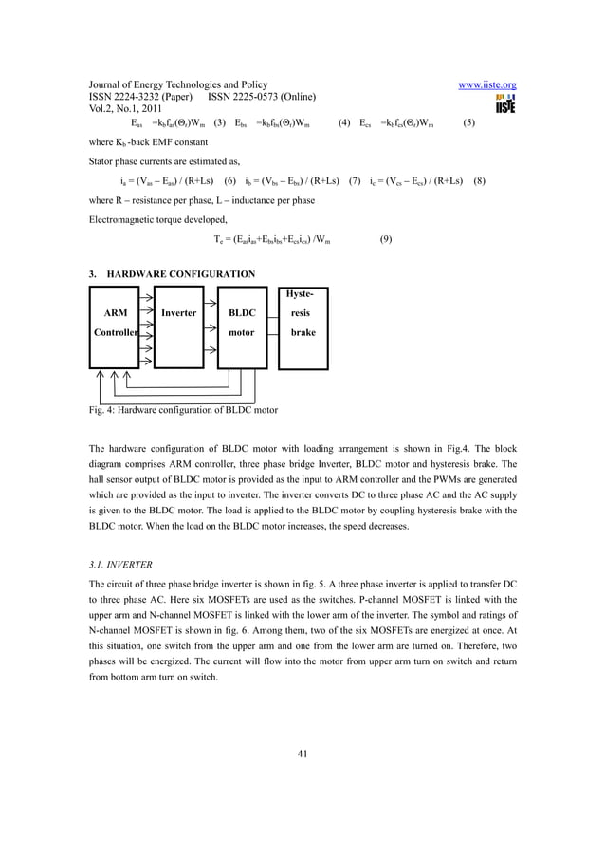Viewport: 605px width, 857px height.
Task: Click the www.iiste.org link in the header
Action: point(486,85)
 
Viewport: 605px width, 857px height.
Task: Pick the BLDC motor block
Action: point(242,324)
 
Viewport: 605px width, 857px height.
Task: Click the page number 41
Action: point(302,755)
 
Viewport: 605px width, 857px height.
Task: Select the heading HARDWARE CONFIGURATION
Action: point(180,274)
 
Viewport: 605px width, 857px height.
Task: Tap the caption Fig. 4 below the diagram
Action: point(183,410)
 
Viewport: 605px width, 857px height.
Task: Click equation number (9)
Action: point(386,239)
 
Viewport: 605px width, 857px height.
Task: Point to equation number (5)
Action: point(468,122)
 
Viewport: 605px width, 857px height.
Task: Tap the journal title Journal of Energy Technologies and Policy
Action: point(177,85)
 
